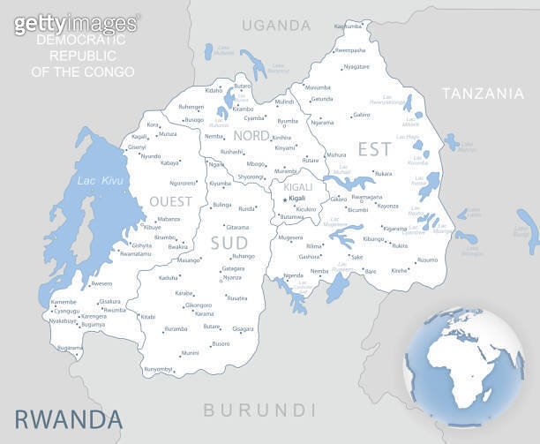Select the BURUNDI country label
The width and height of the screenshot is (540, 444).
tap(259, 410)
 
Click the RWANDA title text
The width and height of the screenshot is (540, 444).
tap(68, 418)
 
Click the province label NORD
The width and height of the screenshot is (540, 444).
tap(251, 135)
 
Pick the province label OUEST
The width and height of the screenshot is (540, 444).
tap(170, 201)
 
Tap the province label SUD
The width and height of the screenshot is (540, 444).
tap(229, 242)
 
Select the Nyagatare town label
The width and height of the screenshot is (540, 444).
tap(356, 66)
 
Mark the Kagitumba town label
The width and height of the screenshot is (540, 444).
tap(348, 26)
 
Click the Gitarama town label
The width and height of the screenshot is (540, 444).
tap(237, 227)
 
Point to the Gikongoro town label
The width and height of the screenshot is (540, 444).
tap(199, 305)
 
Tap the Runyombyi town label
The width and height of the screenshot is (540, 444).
tap(159, 368)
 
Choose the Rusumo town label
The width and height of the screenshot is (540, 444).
tap(427, 260)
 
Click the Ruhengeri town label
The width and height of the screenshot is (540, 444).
tap(191, 106)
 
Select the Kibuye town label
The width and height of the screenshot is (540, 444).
tap(152, 227)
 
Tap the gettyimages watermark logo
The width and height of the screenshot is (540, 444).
tap(76, 23)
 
